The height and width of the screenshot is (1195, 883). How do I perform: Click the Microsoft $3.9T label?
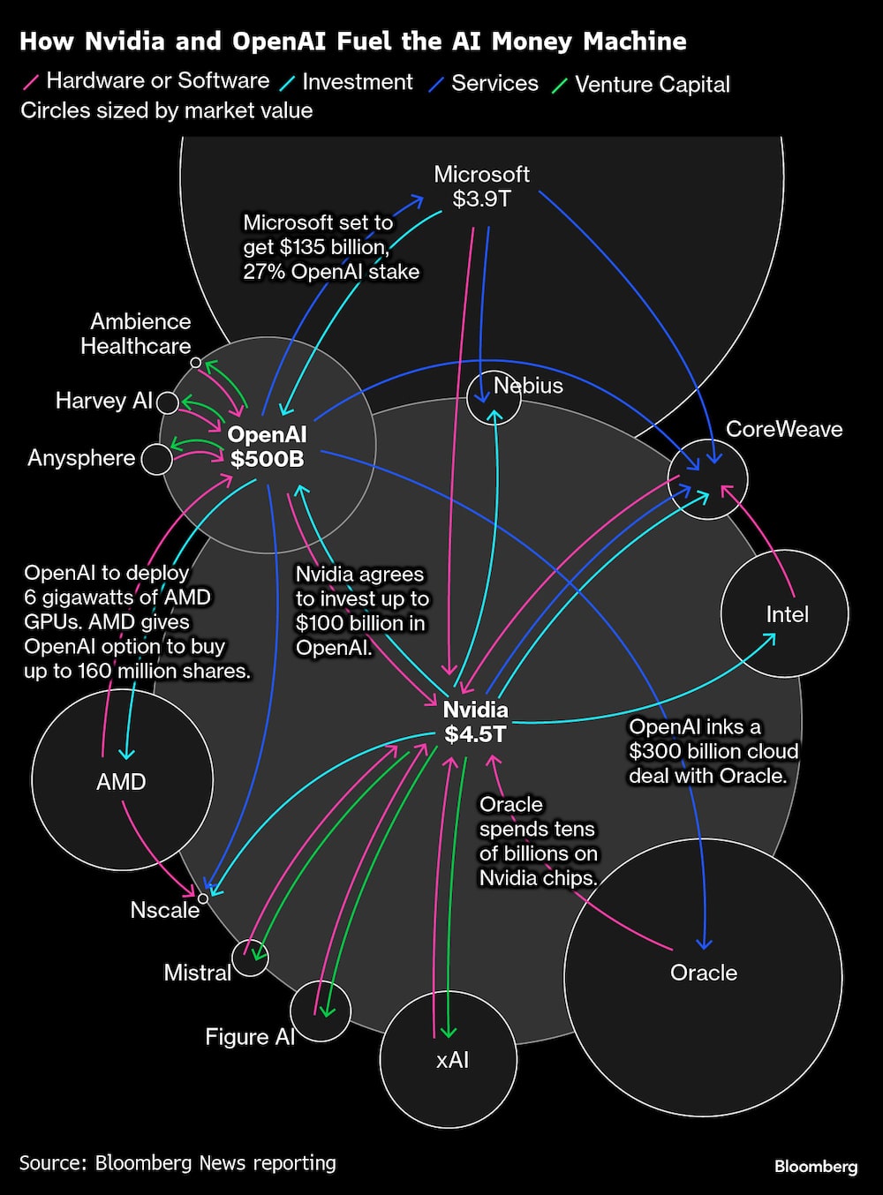tap(481, 186)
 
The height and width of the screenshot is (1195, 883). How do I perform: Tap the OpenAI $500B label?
tap(267, 446)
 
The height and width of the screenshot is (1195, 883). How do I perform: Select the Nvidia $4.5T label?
tap(475, 722)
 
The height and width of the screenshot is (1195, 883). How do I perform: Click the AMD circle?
tap(122, 780)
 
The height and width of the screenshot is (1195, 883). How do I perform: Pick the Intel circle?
tap(785, 613)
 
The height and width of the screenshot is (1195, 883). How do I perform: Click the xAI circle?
tap(449, 1059)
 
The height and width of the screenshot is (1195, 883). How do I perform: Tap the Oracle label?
tap(703, 973)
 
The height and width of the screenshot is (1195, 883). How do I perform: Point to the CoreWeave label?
tap(783, 429)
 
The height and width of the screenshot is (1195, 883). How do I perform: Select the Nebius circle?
tap(494, 397)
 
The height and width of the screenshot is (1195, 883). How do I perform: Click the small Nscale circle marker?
tap(203, 898)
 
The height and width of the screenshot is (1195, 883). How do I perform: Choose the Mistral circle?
tap(250, 958)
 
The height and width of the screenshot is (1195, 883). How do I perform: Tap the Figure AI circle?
tap(321, 1011)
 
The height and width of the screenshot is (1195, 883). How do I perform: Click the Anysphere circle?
tap(157, 459)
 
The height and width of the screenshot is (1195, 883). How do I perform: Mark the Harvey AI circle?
tap(167, 403)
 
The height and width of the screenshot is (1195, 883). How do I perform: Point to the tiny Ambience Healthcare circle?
tap(196, 362)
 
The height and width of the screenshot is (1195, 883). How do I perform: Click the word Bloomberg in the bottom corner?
tap(815, 1167)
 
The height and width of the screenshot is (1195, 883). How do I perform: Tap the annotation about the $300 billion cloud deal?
tap(713, 751)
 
